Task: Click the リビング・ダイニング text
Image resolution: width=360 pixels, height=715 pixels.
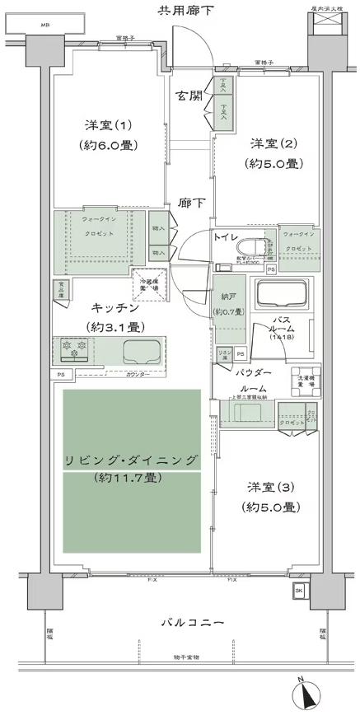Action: point(132,460)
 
